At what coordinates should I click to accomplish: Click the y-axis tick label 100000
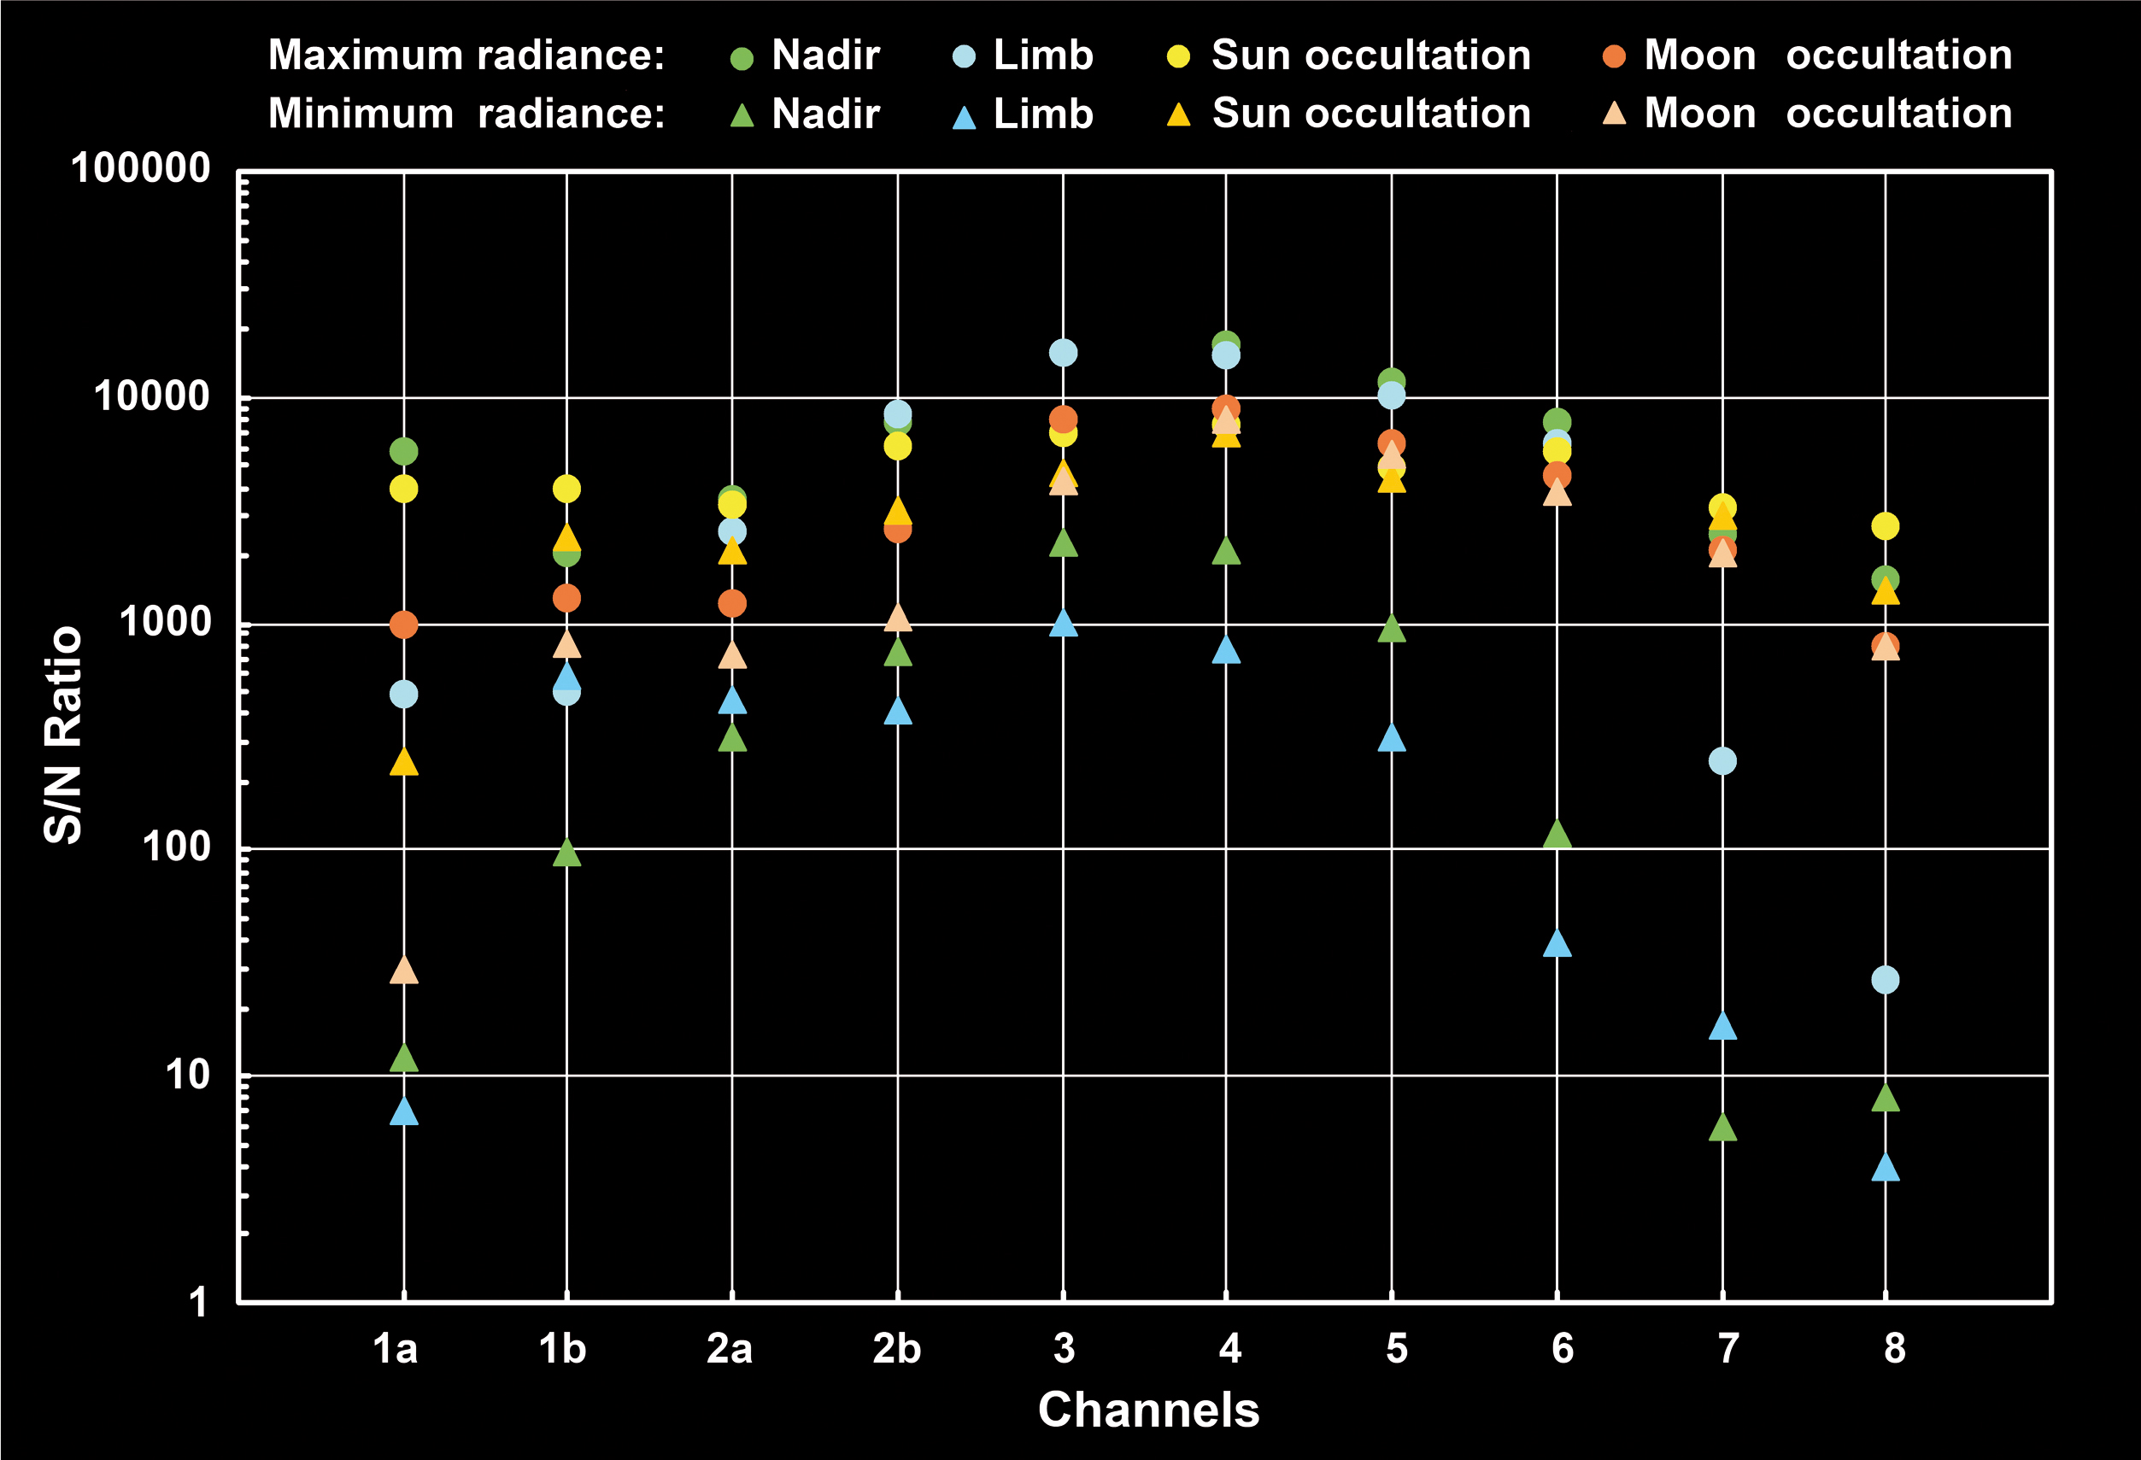tap(141, 169)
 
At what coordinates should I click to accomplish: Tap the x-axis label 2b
tap(896, 1349)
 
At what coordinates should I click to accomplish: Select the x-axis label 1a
tap(396, 1349)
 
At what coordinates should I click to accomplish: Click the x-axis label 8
tap(1894, 1349)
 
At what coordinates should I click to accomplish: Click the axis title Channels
tap(1148, 1410)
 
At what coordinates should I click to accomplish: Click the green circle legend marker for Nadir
tap(742, 58)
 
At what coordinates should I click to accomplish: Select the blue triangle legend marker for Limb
tap(964, 117)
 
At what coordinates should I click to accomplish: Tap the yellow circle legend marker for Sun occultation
tap(1178, 57)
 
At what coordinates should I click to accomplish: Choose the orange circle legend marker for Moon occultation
tap(1614, 57)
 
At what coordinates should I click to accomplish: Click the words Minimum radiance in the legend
tap(466, 114)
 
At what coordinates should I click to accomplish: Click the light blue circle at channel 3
tap(1063, 353)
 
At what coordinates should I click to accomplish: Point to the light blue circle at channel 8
tap(1885, 980)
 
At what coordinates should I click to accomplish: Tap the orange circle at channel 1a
tap(403, 624)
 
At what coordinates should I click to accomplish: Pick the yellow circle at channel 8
tap(1885, 526)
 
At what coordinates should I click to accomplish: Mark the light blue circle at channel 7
tap(1722, 761)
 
